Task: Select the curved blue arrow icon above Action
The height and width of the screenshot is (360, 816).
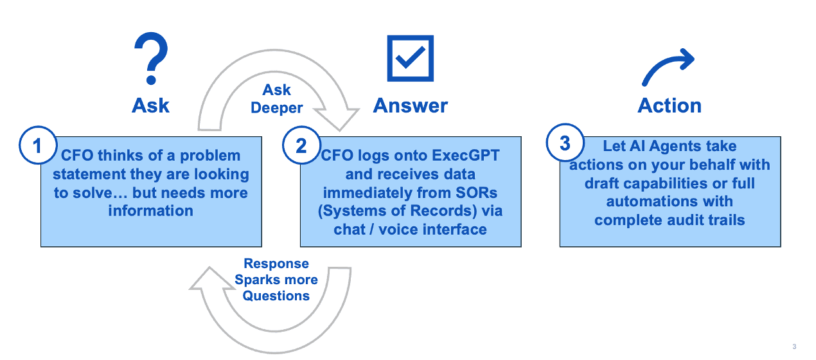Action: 668,67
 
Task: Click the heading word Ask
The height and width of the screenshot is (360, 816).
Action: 151,105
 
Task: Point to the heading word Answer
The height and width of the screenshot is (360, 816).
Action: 411,105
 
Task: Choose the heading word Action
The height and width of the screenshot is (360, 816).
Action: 670,105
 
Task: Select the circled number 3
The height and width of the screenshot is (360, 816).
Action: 564,143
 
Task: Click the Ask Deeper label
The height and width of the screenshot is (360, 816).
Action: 277,99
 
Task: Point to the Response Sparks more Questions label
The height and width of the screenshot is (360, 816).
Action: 276,280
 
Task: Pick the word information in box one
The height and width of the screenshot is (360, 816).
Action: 150,210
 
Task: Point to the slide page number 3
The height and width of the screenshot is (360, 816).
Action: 794,347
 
